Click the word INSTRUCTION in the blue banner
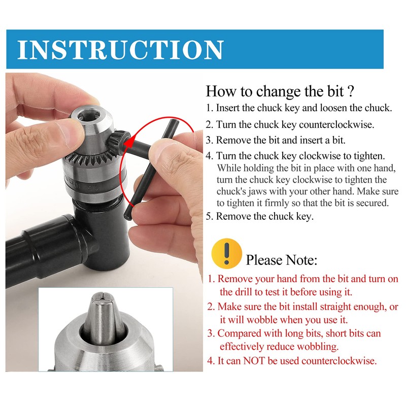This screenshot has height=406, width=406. point(120,49)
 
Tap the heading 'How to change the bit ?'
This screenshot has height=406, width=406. point(280,92)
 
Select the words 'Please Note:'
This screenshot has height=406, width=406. point(281,260)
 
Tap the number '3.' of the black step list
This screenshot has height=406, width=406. point(210,141)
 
